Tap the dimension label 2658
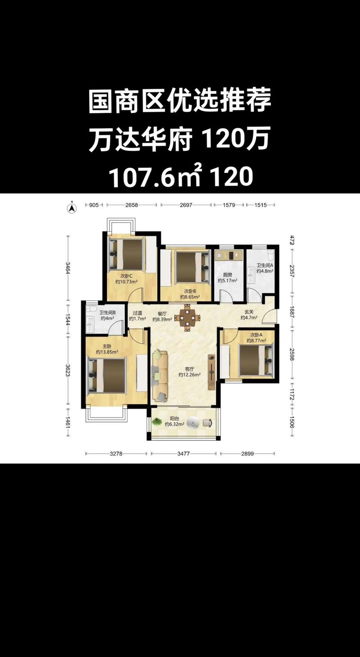point(132,205)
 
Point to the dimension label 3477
point(184,454)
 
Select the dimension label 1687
point(292,313)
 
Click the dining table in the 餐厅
point(188,317)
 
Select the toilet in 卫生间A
point(270,255)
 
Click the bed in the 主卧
point(107,376)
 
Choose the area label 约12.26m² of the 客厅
point(189,375)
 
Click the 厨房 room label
point(228,275)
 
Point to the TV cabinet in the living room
point(211,372)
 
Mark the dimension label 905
point(94,205)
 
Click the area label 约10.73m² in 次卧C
point(126,282)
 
